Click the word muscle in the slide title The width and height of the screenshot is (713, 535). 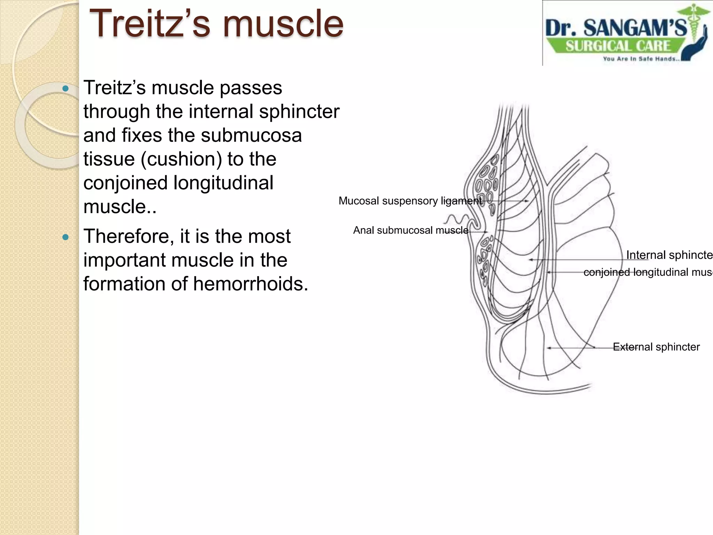tap(285, 24)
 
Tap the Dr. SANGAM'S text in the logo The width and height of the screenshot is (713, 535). tap(616, 28)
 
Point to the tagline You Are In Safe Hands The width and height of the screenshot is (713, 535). tap(641, 59)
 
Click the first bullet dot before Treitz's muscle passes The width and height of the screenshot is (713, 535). tap(65, 88)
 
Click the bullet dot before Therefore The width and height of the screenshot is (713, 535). tap(65, 238)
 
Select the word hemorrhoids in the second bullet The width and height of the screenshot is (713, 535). tap(250, 284)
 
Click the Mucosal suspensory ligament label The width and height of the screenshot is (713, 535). tap(410, 201)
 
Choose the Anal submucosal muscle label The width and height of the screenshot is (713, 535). tap(411, 230)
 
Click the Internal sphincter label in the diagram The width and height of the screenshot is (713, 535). tap(668, 255)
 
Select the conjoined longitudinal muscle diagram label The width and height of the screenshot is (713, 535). tap(648, 272)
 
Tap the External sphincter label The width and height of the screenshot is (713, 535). tap(656, 347)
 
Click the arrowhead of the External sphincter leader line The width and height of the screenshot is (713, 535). tap(549, 348)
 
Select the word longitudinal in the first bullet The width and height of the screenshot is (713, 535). tap(223, 183)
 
